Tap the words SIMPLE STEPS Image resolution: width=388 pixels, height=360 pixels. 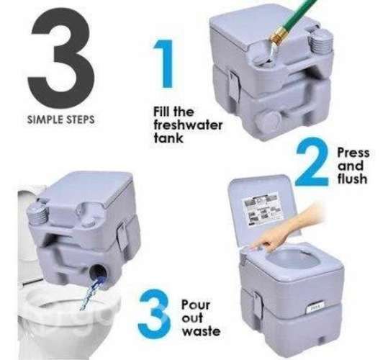click(x=61, y=120)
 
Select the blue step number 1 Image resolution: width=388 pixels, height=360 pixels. click(x=163, y=63)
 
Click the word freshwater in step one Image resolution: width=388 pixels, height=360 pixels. click(x=188, y=125)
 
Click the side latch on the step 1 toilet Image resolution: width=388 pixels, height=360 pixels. click(x=233, y=85)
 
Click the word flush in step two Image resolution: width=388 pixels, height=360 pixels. click(x=353, y=179)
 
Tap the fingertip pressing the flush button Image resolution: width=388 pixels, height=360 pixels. click(x=252, y=248)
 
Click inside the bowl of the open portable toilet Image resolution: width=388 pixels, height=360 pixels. click(x=289, y=261)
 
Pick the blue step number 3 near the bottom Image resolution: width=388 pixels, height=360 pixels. click(x=155, y=311)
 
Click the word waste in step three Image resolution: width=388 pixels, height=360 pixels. click(x=201, y=331)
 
